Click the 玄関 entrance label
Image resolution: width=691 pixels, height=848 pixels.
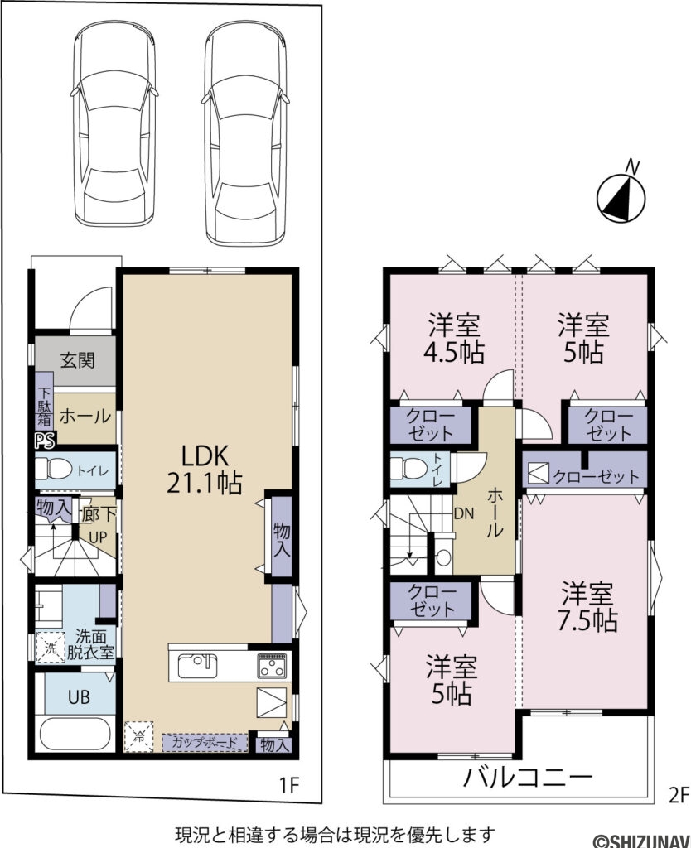76,360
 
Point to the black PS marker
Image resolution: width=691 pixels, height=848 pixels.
41,441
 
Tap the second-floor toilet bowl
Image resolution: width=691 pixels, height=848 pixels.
406,467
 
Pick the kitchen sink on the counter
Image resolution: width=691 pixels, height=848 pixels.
196,664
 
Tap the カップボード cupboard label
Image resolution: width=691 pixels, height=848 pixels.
204,742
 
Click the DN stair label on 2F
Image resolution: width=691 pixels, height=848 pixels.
463,513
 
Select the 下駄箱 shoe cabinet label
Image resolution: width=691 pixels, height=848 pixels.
42,401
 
